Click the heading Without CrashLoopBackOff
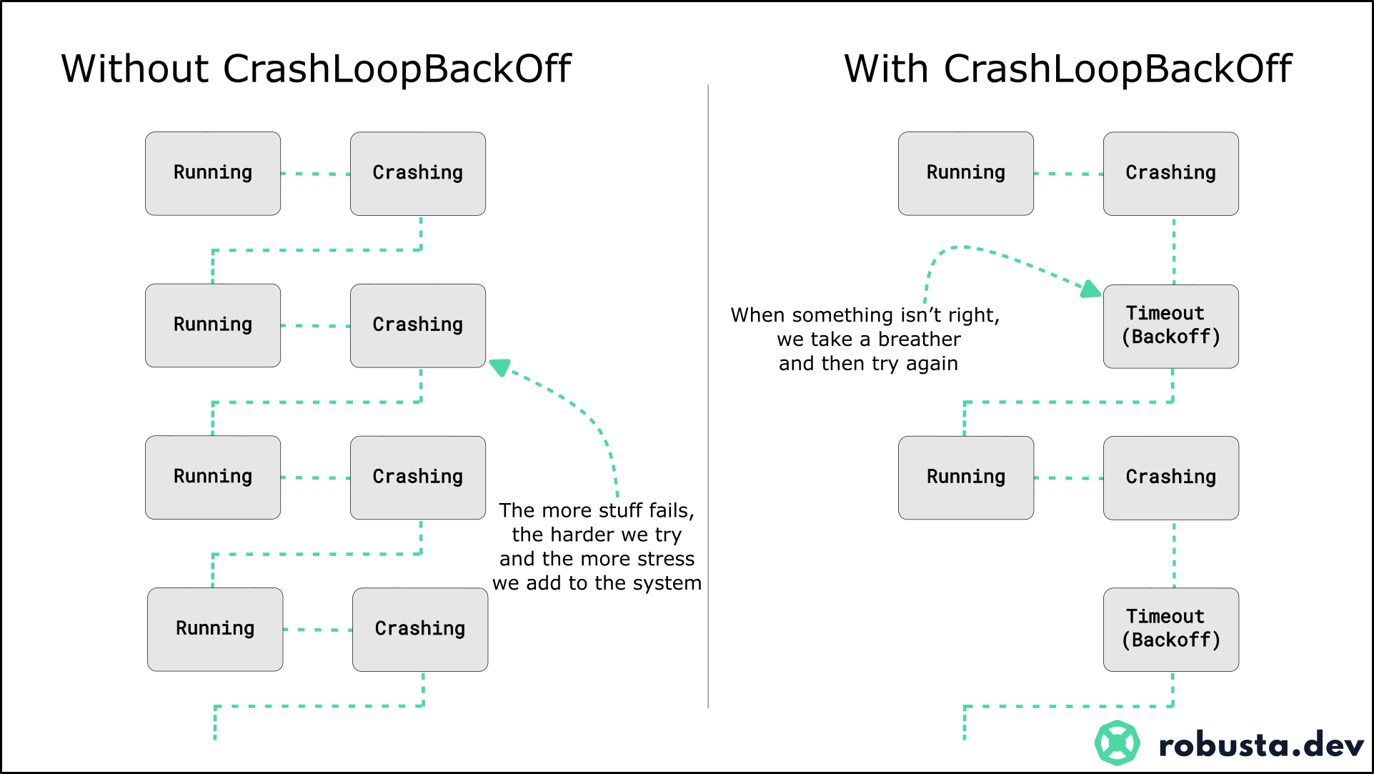(316, 69)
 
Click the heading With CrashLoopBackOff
(1067, 69)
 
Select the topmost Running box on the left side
(213, 173)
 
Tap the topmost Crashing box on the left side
(418, 173)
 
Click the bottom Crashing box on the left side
(420, 629)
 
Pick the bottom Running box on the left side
(215, 629)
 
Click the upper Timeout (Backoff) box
(1170, 326)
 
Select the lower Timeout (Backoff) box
(1170, 629)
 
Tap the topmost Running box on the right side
(966, 173)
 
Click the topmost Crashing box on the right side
(1170, 173)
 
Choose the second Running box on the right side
(966, 477)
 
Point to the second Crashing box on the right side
(1170, 477)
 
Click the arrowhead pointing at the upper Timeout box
(1091, 289)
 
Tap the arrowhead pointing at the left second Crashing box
(499, 367)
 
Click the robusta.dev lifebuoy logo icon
(1117, 743)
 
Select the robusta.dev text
(1261, 745)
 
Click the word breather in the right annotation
(919, 339)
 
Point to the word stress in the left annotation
(667, 558)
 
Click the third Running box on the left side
(213, 477)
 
